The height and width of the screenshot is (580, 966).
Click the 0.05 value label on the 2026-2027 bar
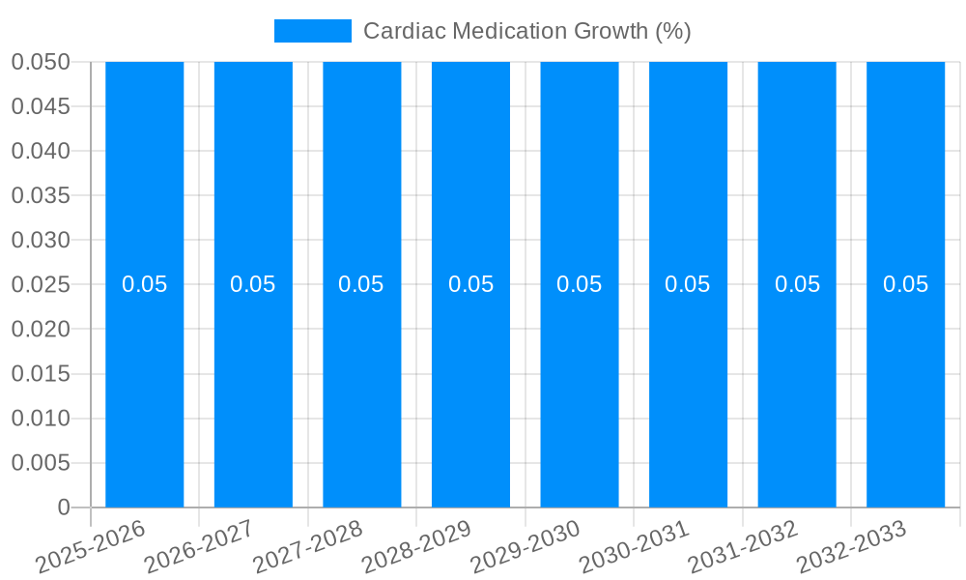253,284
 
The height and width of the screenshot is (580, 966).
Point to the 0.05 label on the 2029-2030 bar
580,284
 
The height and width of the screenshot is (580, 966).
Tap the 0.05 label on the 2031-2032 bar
797,284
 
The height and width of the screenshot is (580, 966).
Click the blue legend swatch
313,31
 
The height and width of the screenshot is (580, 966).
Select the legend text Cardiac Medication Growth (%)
526,31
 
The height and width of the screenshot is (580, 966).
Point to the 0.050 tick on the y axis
41,62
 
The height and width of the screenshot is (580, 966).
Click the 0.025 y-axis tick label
41,284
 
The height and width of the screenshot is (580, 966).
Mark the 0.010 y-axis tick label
41,419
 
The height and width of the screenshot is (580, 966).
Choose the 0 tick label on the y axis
64,507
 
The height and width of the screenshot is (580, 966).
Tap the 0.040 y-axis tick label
41,151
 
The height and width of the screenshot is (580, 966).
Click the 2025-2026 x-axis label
92,546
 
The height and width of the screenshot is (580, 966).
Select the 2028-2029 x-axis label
417,546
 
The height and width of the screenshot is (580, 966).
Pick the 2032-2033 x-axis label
852,546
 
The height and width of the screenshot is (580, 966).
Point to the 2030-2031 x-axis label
635,546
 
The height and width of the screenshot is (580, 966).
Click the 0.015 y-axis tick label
41,374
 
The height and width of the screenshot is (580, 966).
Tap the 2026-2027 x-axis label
200,546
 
